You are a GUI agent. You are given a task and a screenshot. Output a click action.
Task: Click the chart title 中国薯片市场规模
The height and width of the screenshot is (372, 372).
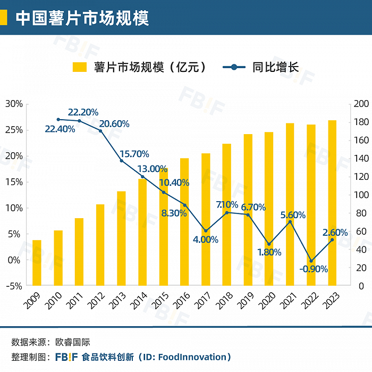82,18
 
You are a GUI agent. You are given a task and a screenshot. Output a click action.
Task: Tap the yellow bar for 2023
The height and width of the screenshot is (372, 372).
332,202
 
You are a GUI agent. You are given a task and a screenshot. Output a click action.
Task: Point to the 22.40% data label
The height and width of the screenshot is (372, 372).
60,129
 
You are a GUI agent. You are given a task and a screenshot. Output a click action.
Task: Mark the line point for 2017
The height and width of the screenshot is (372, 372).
206,231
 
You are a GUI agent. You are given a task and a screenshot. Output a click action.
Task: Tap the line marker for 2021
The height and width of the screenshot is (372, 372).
290,221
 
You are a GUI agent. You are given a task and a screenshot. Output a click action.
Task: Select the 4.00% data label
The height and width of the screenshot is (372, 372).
205,240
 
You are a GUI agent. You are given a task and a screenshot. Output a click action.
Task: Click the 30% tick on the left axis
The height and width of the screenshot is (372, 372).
14,104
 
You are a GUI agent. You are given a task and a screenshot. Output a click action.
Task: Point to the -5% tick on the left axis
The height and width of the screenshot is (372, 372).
14,286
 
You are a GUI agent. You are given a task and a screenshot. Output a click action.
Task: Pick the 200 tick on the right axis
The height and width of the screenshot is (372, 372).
360,104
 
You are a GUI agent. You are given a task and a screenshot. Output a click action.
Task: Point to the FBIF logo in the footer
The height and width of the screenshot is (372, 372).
65,357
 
